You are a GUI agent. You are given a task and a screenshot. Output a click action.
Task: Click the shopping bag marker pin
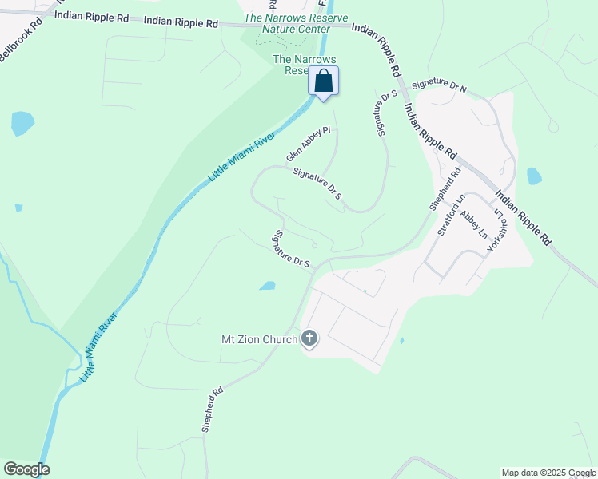click(323, 81)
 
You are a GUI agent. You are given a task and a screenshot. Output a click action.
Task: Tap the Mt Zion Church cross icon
click(309, 339)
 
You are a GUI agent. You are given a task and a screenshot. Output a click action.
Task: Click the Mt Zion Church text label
click(258, 339)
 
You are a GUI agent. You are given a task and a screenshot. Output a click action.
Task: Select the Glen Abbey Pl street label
click(309, 144)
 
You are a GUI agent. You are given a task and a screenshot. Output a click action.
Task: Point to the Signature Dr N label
click(439, 85)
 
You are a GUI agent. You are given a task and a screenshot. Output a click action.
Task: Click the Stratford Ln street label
click(451, 217)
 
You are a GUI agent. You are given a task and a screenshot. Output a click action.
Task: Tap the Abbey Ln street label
click(474, 224)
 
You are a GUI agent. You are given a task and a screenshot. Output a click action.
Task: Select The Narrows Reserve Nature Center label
click(287, 23)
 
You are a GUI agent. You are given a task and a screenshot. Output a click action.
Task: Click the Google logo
click(26, 469)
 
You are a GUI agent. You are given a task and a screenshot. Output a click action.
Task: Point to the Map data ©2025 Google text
click(548, 473)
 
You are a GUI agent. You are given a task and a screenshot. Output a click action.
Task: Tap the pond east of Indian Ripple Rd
click(534, 176)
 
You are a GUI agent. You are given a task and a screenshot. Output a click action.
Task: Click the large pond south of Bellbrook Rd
click(22, 123)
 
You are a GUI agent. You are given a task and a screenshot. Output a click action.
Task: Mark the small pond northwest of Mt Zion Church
click(267, 285)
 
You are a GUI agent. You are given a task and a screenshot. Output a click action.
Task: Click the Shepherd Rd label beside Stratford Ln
click(445, 188)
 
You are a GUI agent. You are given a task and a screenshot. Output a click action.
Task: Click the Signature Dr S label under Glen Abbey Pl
click(317, 183)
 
